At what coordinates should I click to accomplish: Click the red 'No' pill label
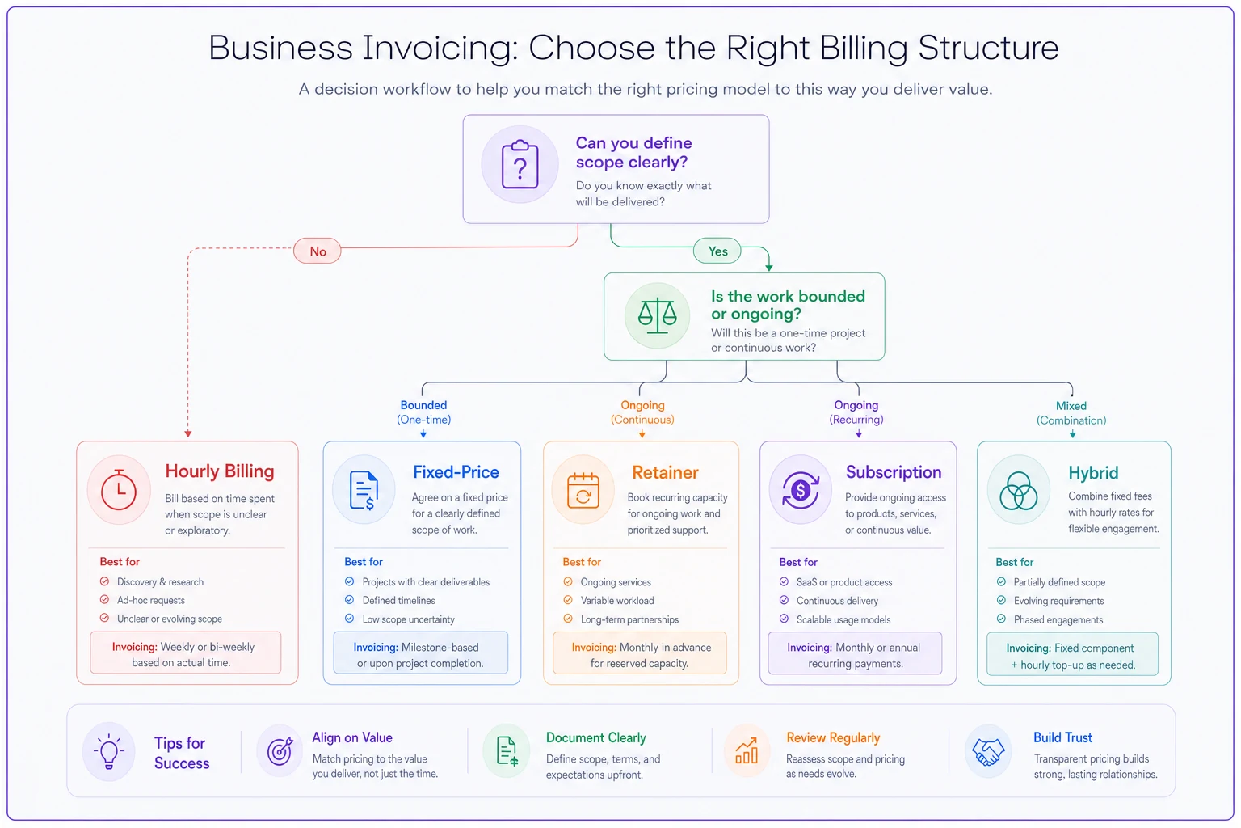(318, 251)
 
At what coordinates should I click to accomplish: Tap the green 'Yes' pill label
(717, 251)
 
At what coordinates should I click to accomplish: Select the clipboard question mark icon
(520, 164)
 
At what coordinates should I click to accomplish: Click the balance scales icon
(657, 315)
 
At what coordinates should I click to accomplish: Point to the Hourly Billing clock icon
(119, 490)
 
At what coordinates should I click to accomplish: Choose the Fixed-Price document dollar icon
(364, 490)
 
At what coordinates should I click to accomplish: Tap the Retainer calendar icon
(583, 491)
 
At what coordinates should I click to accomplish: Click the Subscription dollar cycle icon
(800, 490)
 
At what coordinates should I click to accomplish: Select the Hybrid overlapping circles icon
(1018, 491)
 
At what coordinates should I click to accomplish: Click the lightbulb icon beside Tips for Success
(108, 751)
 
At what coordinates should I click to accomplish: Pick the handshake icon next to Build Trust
(988, 753)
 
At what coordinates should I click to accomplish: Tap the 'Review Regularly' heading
(833, 737)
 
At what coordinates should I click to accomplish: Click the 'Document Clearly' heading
(595, 737)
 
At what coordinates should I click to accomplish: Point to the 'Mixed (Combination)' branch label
(1071, 413)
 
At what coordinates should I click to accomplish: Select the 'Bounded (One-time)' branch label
(424, 412)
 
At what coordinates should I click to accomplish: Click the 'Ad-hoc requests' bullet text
(151, 600)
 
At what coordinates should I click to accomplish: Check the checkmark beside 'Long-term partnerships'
(568, 619)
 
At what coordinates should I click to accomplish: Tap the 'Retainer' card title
(665, 472)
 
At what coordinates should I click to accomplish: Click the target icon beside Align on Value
(280, 752)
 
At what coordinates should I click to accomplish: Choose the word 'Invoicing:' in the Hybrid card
(1029, 648)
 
